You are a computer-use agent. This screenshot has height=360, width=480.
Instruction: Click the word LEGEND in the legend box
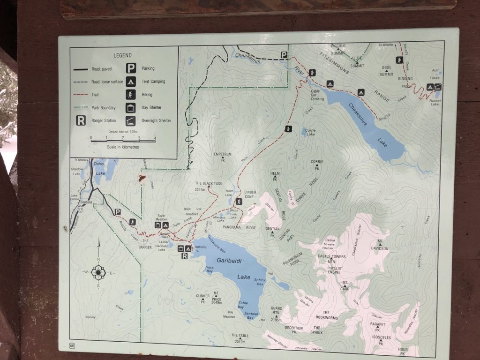(123, 55)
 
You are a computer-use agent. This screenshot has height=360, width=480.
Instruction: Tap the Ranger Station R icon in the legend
(81, 121)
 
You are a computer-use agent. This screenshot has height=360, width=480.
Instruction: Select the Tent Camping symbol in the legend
(131, 81)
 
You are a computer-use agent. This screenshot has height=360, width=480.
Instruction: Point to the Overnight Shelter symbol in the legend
(131, 120)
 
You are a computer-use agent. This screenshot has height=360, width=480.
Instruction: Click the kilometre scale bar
(123, 140)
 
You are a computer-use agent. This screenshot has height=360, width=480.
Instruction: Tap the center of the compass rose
(98, 272)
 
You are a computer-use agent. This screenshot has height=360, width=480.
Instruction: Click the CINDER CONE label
(250, 195)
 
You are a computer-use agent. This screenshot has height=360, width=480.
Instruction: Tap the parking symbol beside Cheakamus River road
(284, 55)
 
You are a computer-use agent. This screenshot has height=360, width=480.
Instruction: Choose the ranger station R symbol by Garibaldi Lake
(184, 256)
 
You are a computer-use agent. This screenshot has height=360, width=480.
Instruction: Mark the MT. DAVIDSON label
(380, 246)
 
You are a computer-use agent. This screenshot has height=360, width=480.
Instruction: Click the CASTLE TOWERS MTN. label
(331, 259)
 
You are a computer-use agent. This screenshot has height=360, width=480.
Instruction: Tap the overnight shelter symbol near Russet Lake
(437, 87)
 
